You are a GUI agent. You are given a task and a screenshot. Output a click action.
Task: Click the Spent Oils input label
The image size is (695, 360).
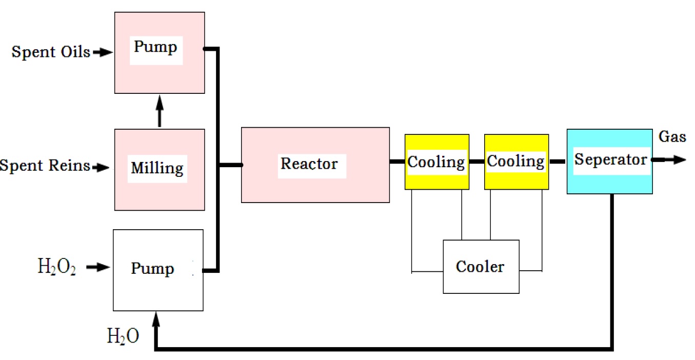(51, 52)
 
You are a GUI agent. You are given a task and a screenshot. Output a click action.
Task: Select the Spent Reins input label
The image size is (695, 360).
(45, 166)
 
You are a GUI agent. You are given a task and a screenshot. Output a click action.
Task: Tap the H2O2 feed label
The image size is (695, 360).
(57, 267)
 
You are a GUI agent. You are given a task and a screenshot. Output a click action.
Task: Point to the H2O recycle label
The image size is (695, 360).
(123, 336)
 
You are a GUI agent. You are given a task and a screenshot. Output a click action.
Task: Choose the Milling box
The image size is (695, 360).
(159, 169)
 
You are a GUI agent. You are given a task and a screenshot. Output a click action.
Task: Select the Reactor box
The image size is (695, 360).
(315, 165)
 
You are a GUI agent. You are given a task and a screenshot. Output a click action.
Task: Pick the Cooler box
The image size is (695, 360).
(481, 267)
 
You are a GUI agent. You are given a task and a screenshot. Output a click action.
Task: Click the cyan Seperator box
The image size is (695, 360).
(609, 162)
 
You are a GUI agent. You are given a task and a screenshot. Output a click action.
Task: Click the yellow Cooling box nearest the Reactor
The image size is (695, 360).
(436, 162)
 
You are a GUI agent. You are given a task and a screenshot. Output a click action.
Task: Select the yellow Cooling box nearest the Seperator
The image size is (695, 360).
(516, 162)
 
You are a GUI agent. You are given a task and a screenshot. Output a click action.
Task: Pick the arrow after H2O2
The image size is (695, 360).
(97, 267)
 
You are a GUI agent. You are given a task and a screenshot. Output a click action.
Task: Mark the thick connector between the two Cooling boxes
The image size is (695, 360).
(476, 162)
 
